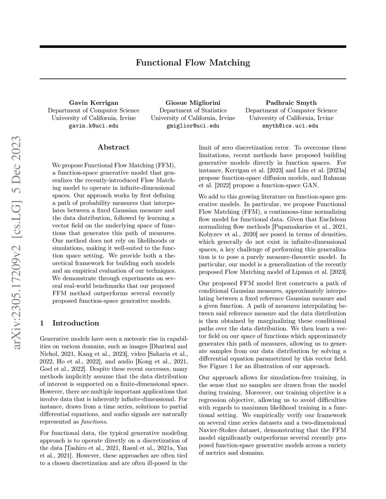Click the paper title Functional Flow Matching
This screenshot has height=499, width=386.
click(193, 63)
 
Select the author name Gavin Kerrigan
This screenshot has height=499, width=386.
click(93, 103)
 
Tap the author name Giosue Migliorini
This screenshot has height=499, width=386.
click(193, 103)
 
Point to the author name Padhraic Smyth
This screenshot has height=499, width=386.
click(291, 103)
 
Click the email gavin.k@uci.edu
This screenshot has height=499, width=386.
click(93, 126)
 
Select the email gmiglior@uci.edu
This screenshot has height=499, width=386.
click(193, 126)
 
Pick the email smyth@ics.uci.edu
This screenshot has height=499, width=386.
click(291, 126)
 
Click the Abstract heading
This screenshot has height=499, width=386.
click(113, 147)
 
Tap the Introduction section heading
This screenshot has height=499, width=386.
click(75, 323)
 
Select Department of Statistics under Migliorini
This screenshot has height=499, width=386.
click(193, 110)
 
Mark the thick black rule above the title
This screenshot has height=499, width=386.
click(193, 46)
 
